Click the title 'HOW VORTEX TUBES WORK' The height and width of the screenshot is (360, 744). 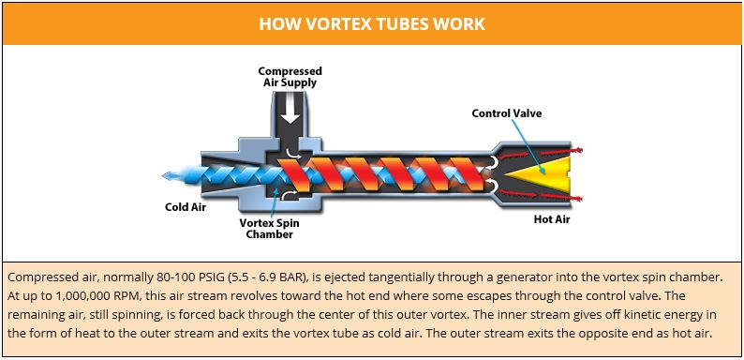click(x=372, y=22)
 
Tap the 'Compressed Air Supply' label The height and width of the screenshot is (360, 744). click(x=290, y=76)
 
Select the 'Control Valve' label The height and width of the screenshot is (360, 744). click(x=506, y=113)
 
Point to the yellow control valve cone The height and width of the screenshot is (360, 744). click(x=543, y=173)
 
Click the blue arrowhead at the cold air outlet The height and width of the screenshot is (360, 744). click(x=168, y=174)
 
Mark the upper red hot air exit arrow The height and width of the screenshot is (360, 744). click(x=566, y=151)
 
